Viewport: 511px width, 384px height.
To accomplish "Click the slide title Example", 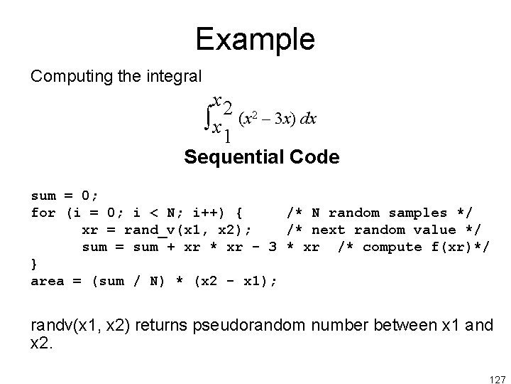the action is tap(255, 39).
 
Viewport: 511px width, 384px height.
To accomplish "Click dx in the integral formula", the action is tap(308, 118).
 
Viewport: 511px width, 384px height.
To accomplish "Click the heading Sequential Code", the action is tap(261, 157).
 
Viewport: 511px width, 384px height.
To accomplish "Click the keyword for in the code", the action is tap(43, 213).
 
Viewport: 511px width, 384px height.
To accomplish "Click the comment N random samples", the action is tap(380, 213).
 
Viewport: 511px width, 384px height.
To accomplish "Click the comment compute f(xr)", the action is tap(414, 247).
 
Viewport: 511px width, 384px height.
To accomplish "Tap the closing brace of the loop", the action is tap(35, 264).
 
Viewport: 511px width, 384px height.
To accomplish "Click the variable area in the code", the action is tap(48, 281).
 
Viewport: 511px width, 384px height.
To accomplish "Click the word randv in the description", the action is tap(49, 326).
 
